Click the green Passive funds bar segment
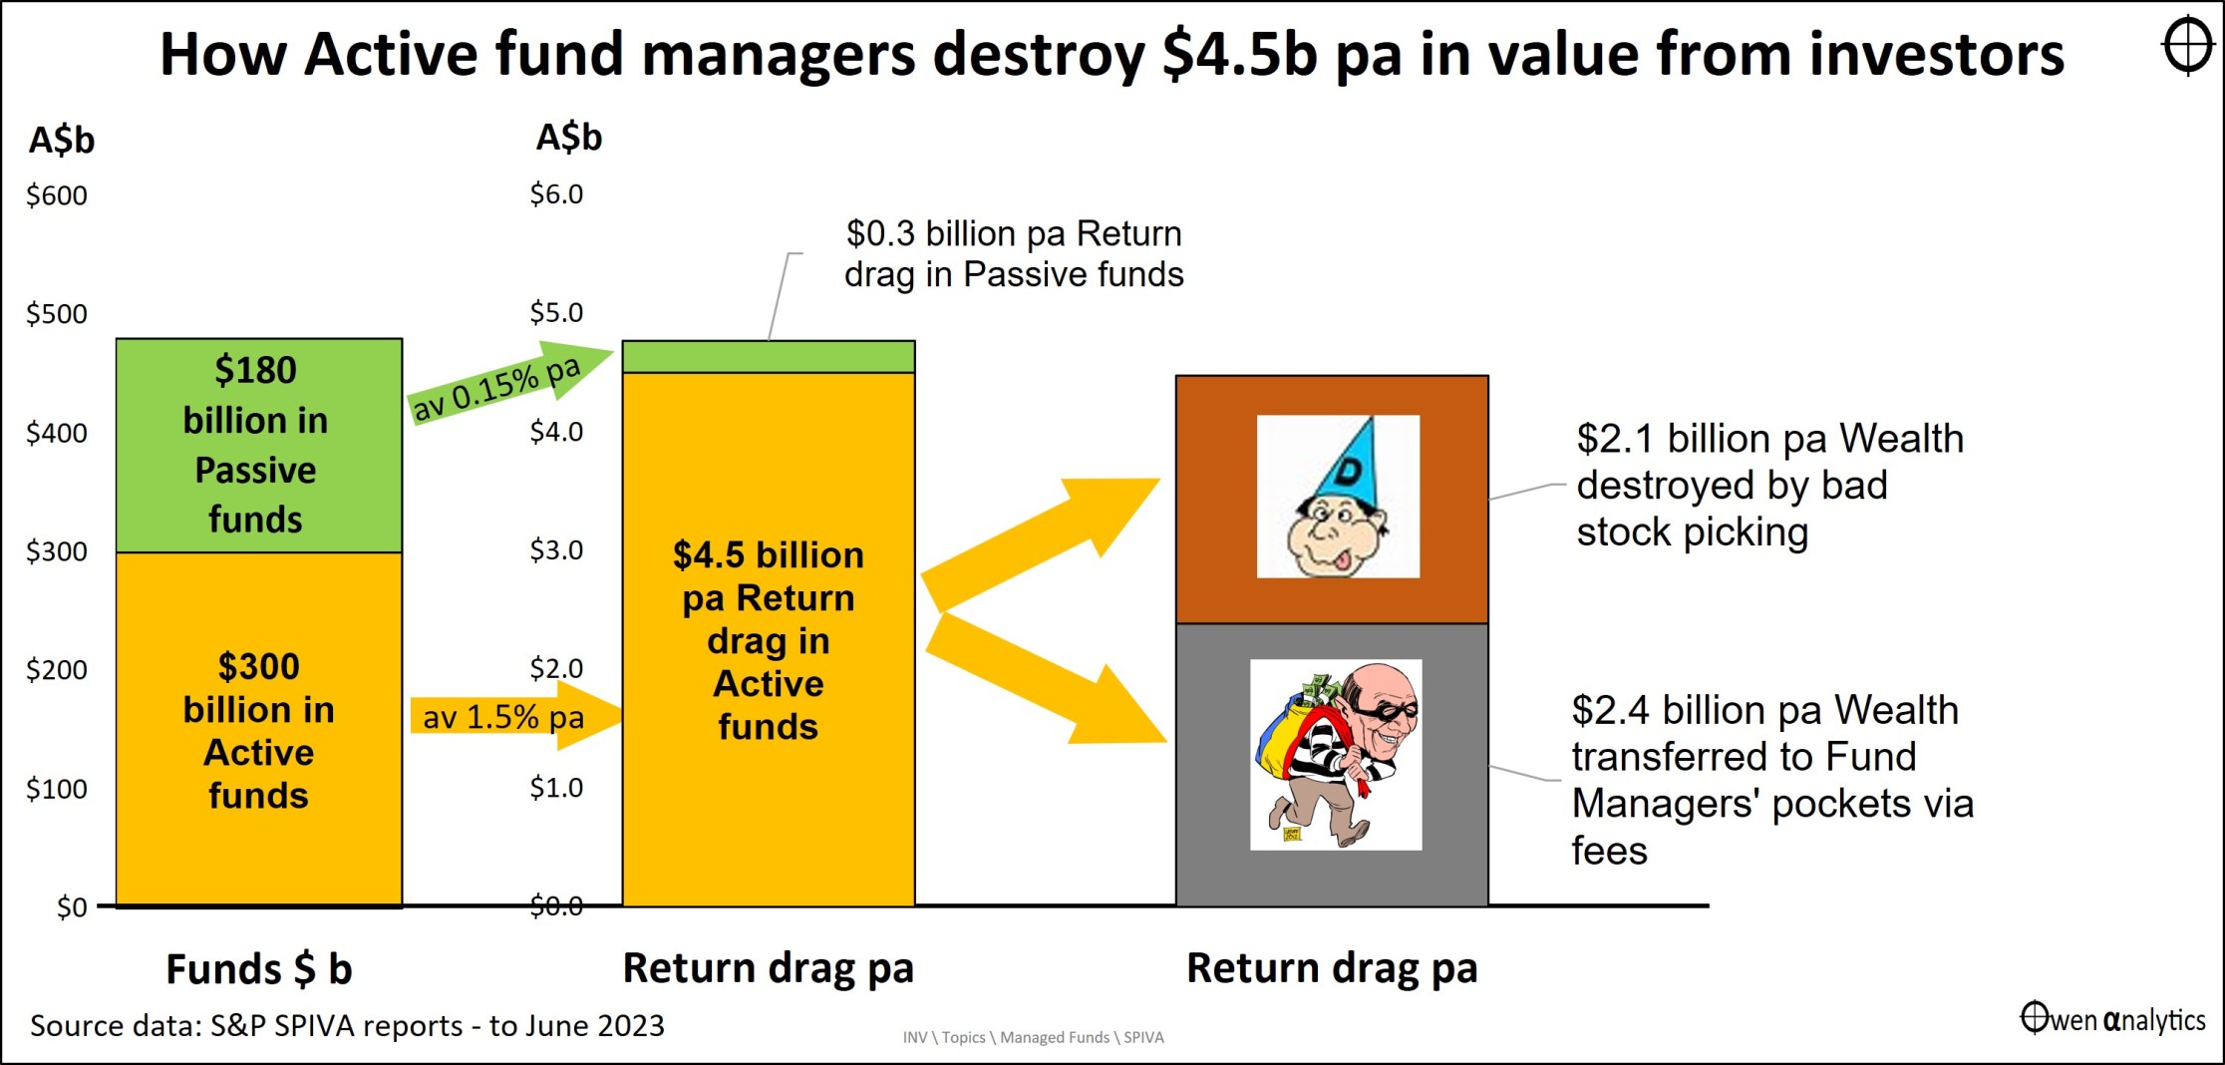point(259,446)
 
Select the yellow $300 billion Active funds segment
point(259,729)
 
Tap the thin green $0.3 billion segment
point(769,357)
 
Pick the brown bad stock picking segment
point(1332,500)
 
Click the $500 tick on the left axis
point(57,314)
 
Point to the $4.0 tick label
point(556,432)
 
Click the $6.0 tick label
point(556,194)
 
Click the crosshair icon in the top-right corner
point(2188,45)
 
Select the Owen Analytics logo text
point(2113,1019)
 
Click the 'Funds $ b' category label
point(259,969)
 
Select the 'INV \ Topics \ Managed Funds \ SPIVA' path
point(1034,1037)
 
